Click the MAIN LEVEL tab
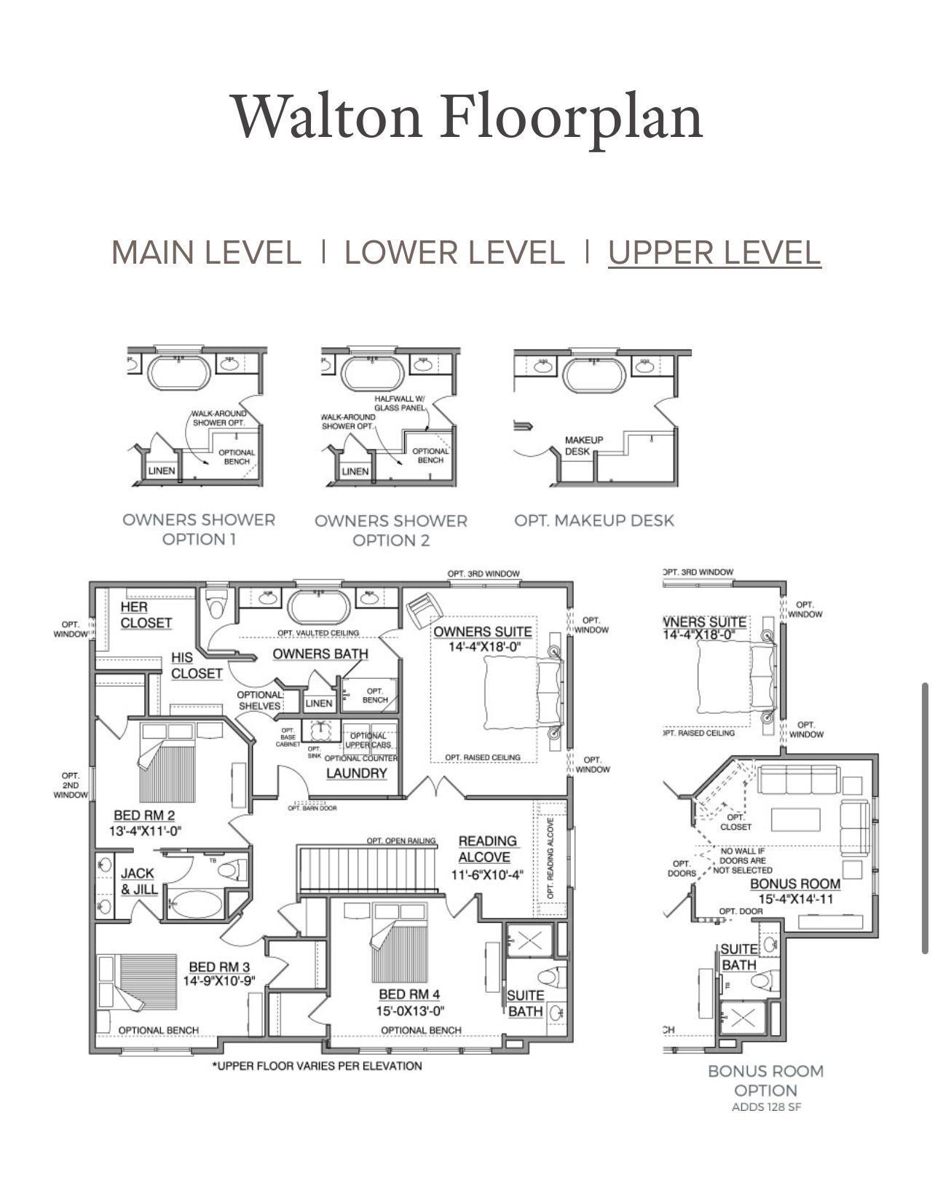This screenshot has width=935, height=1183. [x=206, y=253]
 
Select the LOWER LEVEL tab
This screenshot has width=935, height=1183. [x=454, y=253]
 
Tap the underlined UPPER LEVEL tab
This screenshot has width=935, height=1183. [x=714, y=253]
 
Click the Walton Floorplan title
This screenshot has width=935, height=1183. [x=467, y=117]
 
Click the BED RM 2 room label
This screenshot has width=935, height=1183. [x=144, y=822]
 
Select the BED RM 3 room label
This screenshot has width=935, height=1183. [x=218, y=974]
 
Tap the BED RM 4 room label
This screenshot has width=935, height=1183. [x=409, y=1002]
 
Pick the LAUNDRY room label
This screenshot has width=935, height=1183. [x=356, y=773]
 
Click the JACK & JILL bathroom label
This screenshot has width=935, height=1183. [x=138, y=881]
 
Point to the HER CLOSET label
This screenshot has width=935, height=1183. [x=146, y=615]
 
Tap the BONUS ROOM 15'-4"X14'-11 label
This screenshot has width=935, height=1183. [x=795, y=891]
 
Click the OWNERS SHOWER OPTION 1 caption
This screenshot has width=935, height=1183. [x=199, y=530]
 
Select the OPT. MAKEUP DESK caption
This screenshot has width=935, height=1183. [x=594, y=521]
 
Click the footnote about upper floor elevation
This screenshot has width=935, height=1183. [x=317, y=1066]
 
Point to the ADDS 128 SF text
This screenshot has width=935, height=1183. [x=766, y=1107]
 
